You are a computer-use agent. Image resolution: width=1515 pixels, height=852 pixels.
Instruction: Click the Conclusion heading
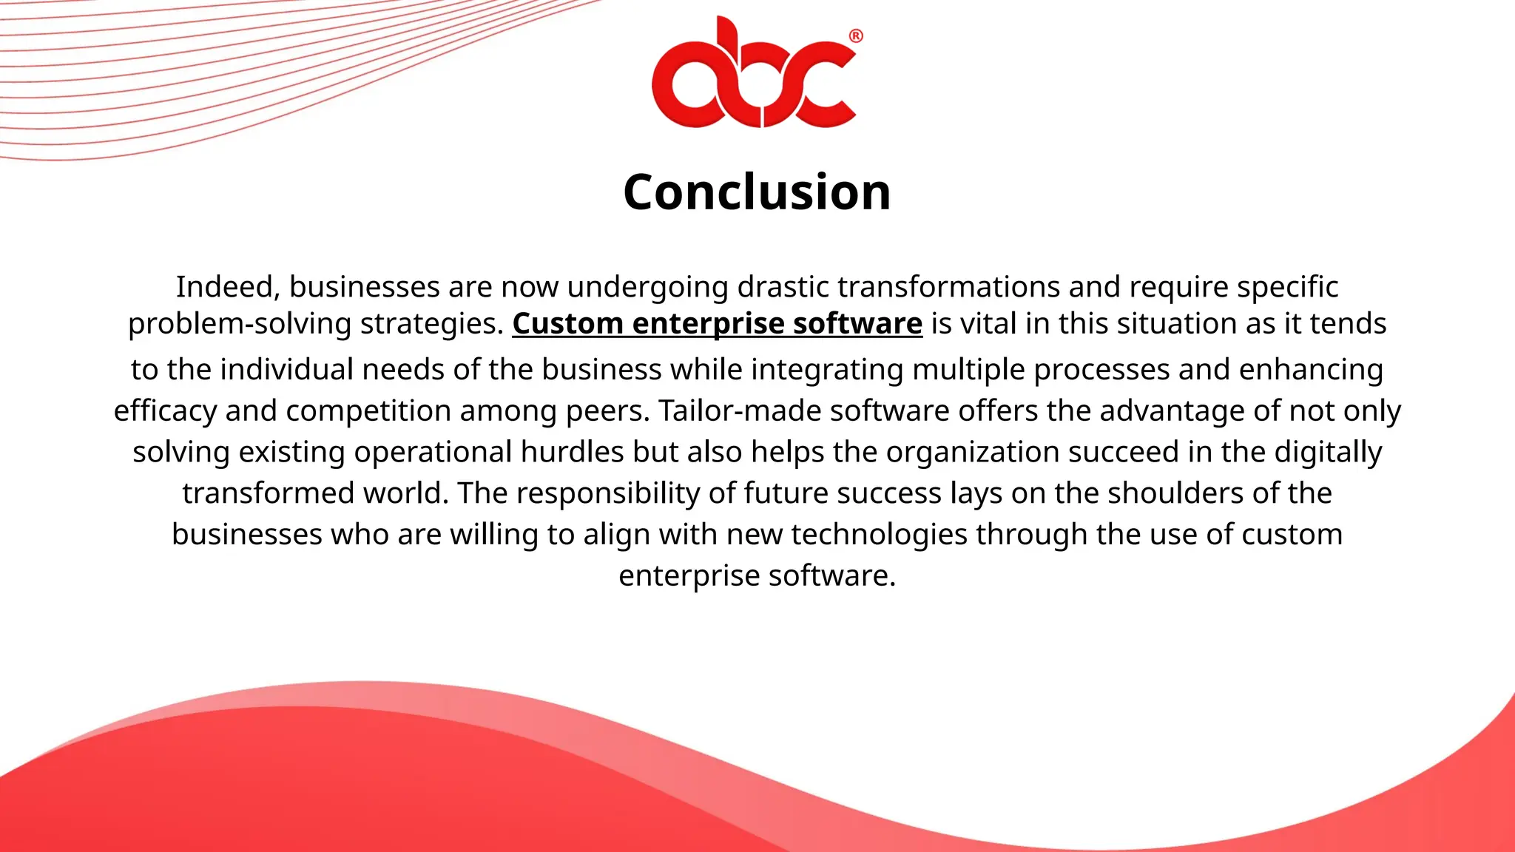757,192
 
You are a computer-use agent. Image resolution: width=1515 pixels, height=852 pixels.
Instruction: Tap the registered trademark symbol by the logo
855,36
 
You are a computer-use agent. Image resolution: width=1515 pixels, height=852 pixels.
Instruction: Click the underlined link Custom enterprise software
717,324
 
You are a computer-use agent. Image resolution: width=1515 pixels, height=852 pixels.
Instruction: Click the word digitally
1328,452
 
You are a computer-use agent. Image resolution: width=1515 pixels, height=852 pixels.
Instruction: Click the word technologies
879,535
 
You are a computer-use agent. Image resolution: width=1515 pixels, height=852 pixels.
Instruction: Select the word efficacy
165,411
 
